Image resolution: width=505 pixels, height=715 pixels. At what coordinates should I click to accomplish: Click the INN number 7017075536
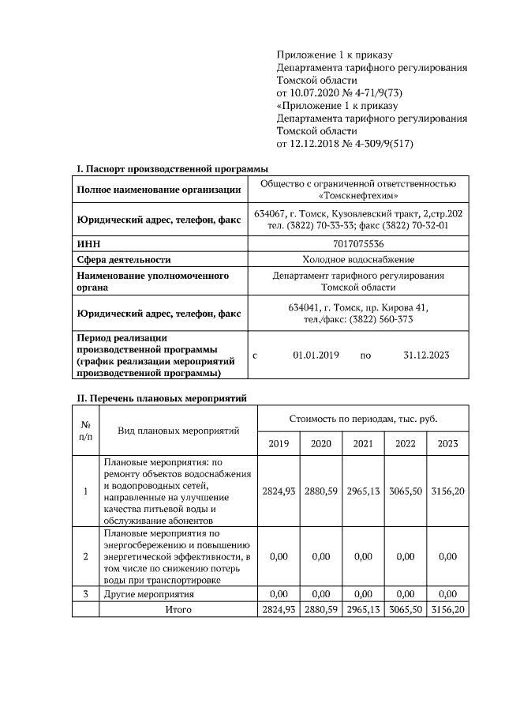coord(359,245)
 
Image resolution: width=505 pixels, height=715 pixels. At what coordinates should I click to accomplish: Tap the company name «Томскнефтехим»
coord(359,196)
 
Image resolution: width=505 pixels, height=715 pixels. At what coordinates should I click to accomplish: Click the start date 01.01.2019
coord(316,356)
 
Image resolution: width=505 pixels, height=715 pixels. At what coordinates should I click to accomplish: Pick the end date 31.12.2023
coord(426,356)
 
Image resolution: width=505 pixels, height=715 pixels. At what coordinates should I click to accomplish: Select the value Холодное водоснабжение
coord(359,259)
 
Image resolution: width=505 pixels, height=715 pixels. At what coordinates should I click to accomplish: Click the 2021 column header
coord(363,444)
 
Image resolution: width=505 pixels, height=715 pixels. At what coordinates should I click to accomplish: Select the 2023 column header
coord(447,444)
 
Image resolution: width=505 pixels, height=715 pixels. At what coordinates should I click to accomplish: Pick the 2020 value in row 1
coord(321,491)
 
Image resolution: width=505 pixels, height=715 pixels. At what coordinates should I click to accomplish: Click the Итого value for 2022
coord(405,609)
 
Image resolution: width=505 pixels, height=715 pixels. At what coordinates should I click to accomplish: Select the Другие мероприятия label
coord(149,593)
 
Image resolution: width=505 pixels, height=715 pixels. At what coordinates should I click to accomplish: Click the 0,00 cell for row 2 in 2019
coord(279,556)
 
